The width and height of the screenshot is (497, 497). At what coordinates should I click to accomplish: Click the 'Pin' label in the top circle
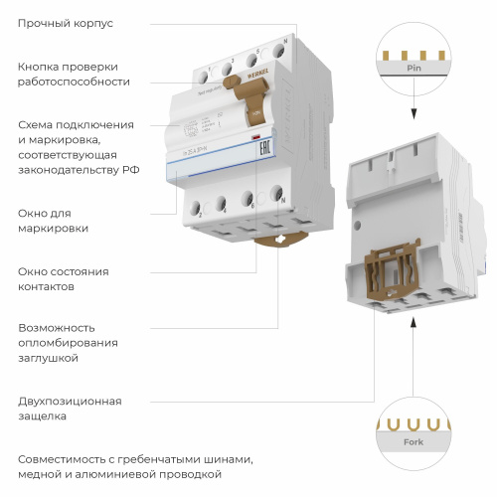click(x=414, y=70)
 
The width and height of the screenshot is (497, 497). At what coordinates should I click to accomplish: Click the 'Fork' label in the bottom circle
click(x=413, y=441)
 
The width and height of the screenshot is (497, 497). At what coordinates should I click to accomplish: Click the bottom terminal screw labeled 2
click(x=199, y=210)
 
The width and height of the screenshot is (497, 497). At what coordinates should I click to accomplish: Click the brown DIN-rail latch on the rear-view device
click(x=392, y=279)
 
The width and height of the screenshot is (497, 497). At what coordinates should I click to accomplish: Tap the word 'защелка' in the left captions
click(x=44, y=416)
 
